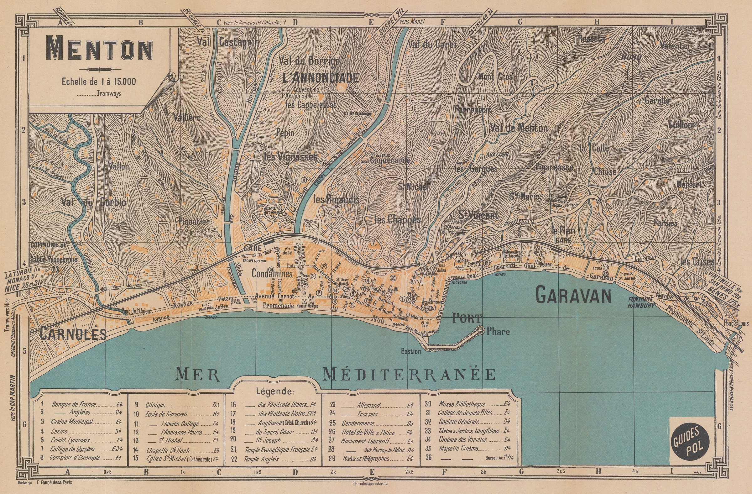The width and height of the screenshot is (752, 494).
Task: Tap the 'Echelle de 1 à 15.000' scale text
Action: tap(99, 81)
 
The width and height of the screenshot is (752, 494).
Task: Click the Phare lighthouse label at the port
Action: tap(498, 332)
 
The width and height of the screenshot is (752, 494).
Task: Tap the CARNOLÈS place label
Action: tap(73, 334)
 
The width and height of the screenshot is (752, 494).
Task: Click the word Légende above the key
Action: tap(275, 391)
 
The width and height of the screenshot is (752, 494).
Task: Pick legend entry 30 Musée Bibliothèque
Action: tap(461, 404)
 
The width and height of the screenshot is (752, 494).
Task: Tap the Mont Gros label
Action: tap(495, 76)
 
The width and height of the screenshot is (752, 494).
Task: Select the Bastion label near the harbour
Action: tap(411, 351)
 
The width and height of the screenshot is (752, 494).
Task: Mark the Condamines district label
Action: tap(272, 274)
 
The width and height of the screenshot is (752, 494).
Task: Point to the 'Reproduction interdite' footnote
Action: tap(370, 484)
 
